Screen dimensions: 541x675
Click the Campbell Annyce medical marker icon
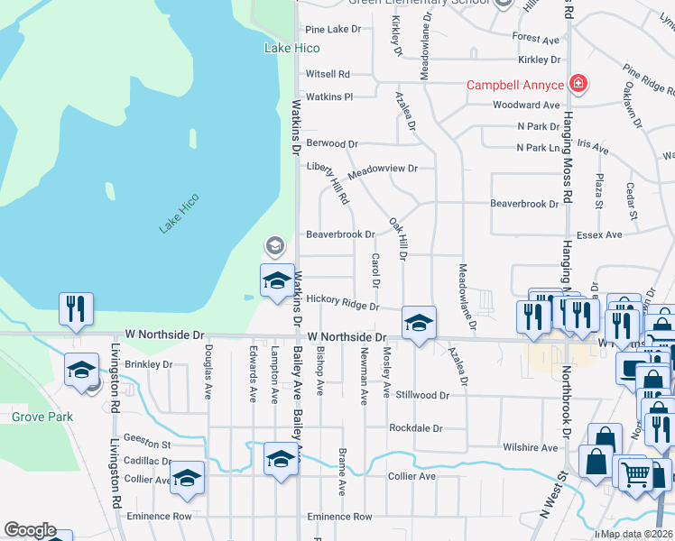(578, 86)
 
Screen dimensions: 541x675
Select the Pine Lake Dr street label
(333, 30)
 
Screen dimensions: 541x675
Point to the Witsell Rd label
(328, 74)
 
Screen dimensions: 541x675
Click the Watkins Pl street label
(328, 96)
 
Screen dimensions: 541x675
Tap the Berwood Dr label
(332, 143)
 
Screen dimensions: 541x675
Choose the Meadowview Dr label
(383, 168)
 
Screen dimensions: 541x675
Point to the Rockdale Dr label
(416, 427)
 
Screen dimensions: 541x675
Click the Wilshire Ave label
(532, 447)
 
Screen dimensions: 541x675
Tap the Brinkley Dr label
(149, 364)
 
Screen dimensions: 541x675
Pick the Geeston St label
(147, 445)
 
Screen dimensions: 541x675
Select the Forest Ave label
(536, 39)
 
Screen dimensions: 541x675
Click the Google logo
(29, 530)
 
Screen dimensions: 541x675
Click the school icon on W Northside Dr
(419, 322)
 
